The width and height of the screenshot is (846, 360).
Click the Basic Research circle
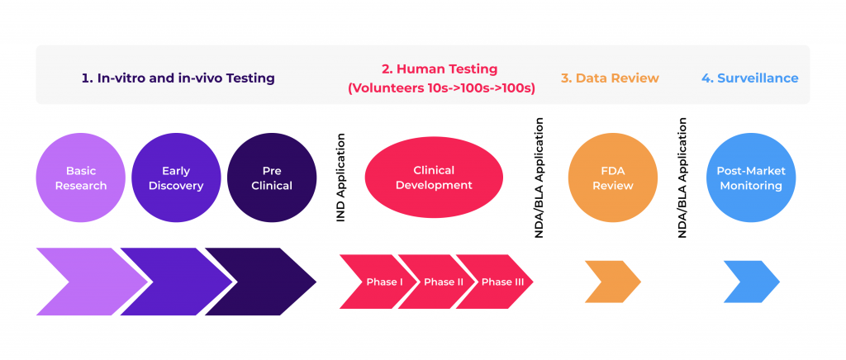point(81,178)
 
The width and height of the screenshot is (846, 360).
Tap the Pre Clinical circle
point(272,178)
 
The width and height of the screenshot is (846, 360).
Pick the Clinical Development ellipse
point(434,178)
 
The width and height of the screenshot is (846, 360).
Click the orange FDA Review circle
point(613,178)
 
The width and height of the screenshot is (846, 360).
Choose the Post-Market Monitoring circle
point(751,178)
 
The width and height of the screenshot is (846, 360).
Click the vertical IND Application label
point(340,178)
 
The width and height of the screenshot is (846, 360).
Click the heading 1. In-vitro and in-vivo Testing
point(178,78)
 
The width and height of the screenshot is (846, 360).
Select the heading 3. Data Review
point(610,78)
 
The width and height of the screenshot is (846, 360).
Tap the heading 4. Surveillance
point(750,78)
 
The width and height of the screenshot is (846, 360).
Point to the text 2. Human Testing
point(440,69)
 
